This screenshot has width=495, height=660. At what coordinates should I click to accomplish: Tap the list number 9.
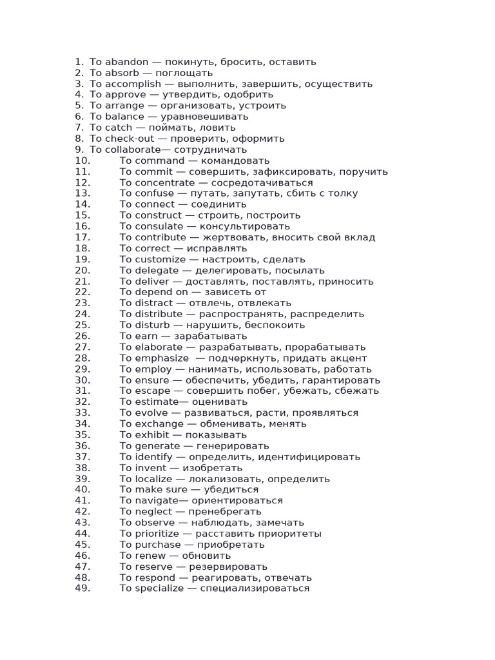(79, 150)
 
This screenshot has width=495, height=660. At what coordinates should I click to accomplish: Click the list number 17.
(82, 237)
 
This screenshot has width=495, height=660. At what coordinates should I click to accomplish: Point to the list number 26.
(82, 336)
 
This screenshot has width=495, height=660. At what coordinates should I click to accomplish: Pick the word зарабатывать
(211, 336)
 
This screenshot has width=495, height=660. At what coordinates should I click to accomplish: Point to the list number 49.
(82, 588)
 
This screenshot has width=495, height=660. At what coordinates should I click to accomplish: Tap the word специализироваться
(255, 588)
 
